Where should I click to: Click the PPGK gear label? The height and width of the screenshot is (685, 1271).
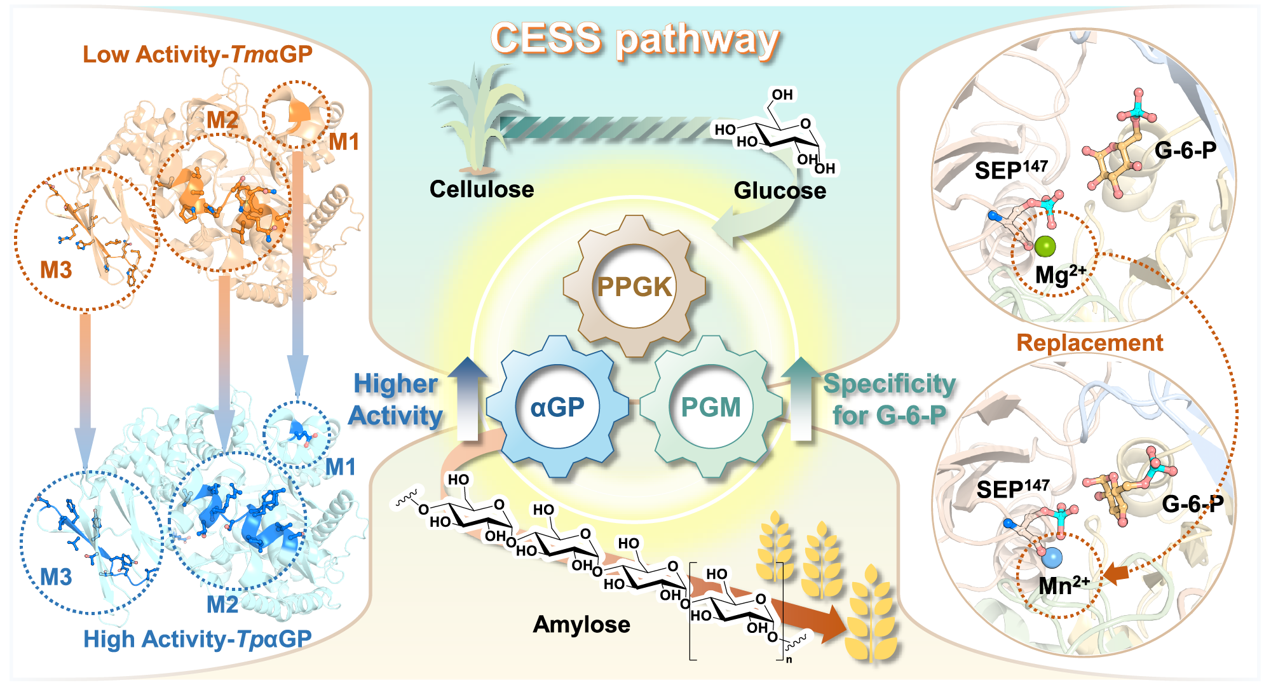click(634, 287)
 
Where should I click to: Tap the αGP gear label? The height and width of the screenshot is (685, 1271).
click(557, 407)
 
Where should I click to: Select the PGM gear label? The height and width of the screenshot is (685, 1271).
click(710, 407)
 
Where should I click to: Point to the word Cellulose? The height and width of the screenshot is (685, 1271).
click(482, 189)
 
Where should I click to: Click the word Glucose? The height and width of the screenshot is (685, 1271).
click(780, 191)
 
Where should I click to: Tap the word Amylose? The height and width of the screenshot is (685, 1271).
click(581, 625)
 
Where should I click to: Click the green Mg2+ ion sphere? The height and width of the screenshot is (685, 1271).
click(1045, 246)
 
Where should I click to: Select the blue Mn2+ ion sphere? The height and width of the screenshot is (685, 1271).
click(1052, 559)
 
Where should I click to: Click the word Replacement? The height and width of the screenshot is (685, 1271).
click(1090, 342)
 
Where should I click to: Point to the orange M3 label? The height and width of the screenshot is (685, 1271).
click(56, 270)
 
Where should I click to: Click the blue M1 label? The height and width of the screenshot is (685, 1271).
click(341, 467)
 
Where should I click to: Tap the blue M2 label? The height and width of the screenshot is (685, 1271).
click(222, 604)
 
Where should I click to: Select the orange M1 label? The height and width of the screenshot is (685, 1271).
click(344, 142)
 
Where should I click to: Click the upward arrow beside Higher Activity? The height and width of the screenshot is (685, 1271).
click(468, 398)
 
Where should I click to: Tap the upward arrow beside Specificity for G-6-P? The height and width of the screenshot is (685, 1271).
click(801, 398)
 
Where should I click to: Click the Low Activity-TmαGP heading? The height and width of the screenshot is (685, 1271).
click(198, 54)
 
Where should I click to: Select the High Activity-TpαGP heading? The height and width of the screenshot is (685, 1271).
click(198, 639)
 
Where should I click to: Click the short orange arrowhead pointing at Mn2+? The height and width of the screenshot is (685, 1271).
click(1116, 574)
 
